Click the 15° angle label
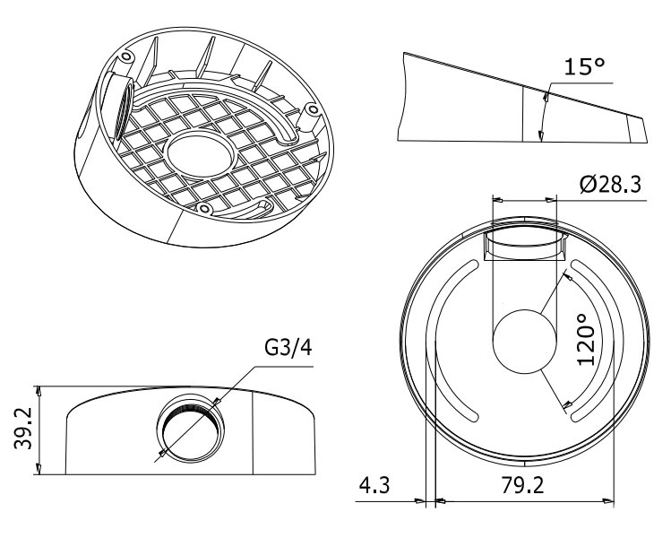[x=585, y=66]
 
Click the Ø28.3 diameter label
[x=609, y=185]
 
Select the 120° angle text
[x=587, y=340]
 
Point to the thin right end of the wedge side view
[x=638, y=129]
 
